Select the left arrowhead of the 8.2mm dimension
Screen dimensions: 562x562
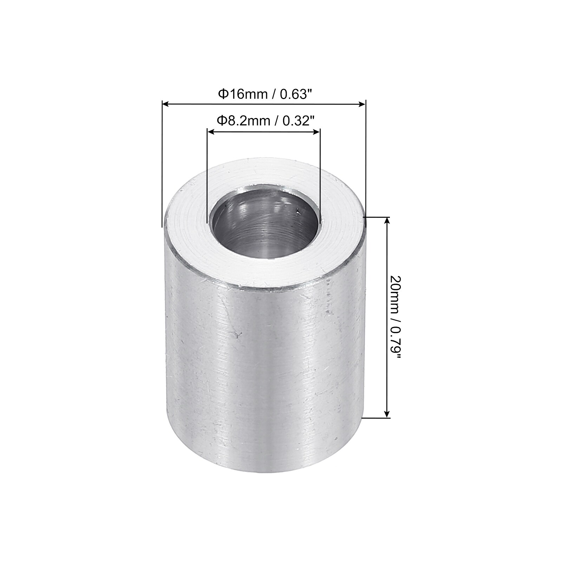coord(211,131)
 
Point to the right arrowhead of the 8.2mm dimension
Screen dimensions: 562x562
coord(316,131)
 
